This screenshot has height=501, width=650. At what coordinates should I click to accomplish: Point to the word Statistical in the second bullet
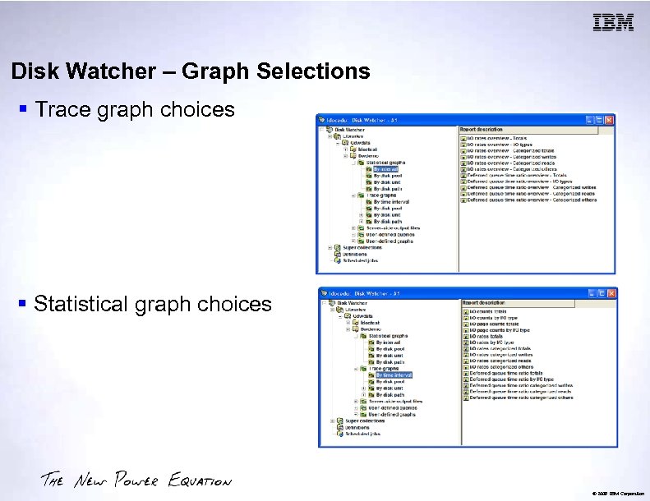click(88, 304)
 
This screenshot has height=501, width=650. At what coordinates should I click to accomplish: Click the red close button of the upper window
click(610, 121)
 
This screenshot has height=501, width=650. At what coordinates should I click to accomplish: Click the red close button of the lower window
click(611, 293)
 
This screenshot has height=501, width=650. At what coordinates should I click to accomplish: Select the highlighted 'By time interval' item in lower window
click(394, 375)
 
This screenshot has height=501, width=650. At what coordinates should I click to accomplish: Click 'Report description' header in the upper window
click(482, 130)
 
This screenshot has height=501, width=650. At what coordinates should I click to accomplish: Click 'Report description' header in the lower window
click(485, 303)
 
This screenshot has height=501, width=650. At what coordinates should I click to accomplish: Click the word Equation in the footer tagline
click(200, 481)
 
